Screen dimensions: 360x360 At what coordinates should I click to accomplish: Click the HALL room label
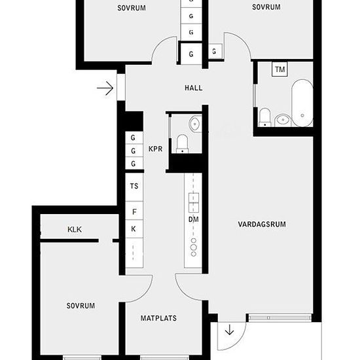pos(194,88)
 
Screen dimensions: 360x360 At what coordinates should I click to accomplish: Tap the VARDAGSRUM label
pos(262,225)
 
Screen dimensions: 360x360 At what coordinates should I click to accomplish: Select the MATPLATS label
pos(158,318)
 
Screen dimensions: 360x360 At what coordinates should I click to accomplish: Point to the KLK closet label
pos(75,229)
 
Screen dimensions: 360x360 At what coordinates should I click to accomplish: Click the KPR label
pos(155,149)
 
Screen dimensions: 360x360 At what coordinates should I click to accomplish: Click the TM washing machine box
pos(280,69)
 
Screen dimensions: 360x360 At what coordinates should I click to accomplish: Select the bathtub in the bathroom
pos(302,103)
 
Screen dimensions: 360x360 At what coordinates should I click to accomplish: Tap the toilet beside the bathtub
pos(264,117)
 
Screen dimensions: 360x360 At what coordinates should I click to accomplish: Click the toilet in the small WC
pos(183,144)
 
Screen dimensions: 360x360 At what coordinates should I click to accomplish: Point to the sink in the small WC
pos(196,124)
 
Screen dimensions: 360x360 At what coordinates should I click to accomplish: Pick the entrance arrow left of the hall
pos(105,88)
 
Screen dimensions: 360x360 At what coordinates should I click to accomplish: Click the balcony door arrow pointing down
pos(229,331)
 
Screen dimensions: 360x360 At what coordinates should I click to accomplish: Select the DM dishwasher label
pos(194,220)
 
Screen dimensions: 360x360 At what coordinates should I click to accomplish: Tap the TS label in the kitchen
pos(134,186)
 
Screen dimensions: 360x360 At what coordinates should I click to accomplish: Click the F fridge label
pos(135,211)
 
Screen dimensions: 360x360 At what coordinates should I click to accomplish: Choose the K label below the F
pos(134,229)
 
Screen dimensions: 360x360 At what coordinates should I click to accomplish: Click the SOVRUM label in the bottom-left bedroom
pos(81,306)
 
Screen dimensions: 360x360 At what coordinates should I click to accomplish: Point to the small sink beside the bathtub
pos(283,120)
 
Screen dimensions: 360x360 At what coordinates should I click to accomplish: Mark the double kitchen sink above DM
pos(194,203)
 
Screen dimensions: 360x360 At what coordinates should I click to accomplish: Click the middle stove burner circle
pos(194,247)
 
